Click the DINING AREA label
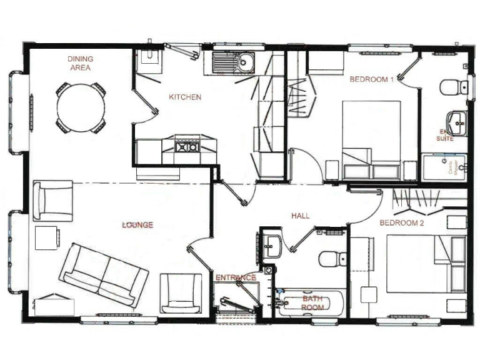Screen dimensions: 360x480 coord(81,63)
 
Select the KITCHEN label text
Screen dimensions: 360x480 coord(185,97)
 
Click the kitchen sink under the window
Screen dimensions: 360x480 coord(232,63)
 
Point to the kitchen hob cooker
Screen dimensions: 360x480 coord(187,147)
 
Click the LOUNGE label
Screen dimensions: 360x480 coord(138,224)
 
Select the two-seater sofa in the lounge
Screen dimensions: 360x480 coord(104,275)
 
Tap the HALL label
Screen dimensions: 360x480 coord(301,216)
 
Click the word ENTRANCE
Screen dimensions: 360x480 coord(235,277)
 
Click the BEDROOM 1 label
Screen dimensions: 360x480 coord(371,79)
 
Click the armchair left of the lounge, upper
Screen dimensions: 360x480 coord(54,200)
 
